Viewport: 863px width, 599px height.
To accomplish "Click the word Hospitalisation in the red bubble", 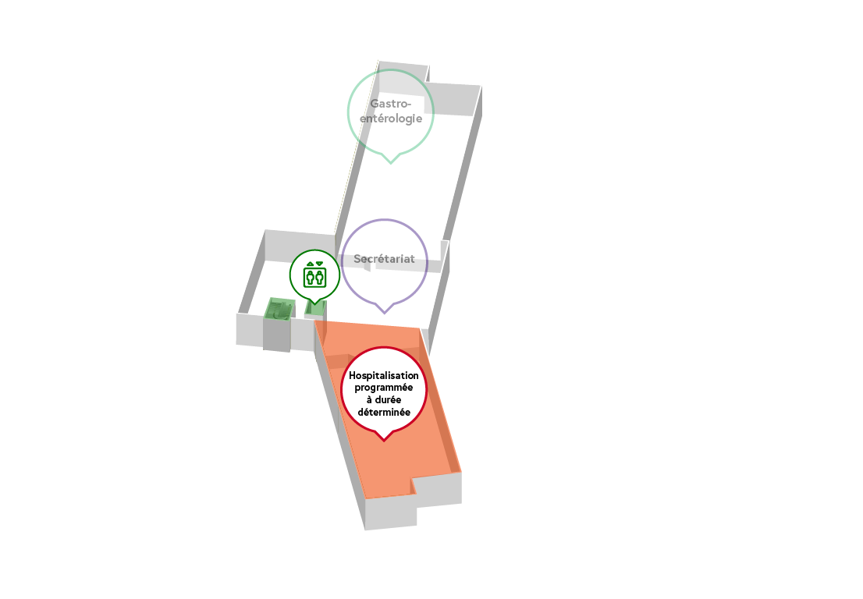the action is (x=384, y=376).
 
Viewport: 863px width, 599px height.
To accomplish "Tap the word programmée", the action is (x=384, y=388).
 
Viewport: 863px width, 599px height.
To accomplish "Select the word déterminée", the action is (x=384, y=412).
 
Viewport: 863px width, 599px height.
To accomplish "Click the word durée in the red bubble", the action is (x=388, y=400).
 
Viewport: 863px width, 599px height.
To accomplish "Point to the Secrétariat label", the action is (x=384, y=258).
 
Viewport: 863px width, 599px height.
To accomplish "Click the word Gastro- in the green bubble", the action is (x=391, y=104).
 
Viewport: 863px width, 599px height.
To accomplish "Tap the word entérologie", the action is (x=391, y=119).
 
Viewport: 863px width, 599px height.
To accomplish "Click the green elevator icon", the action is (x=314, y=275).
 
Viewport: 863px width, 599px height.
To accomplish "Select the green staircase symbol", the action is (x=279, y=309).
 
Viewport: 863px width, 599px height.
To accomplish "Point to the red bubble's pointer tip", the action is (x=384, y=441).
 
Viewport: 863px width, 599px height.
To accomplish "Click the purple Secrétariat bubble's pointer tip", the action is (x=384, y=313).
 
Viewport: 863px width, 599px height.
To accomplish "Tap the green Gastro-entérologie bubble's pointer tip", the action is (x=391, y=163).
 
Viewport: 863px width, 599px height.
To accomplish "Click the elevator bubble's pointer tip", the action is (x=314, y=303).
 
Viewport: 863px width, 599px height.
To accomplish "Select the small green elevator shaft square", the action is (x=316, y=309).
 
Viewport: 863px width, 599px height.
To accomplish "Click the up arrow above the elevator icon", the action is (x=311, y=264).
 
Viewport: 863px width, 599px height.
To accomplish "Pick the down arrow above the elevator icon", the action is (x=319, y=264).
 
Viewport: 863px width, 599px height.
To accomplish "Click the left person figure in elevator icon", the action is (x=310, y=277).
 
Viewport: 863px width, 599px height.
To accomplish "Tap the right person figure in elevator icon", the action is (x=320, y=277).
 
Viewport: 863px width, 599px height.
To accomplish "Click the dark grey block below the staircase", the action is (x=277, y=335).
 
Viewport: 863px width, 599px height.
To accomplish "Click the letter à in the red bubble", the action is (x=369, y=400).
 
